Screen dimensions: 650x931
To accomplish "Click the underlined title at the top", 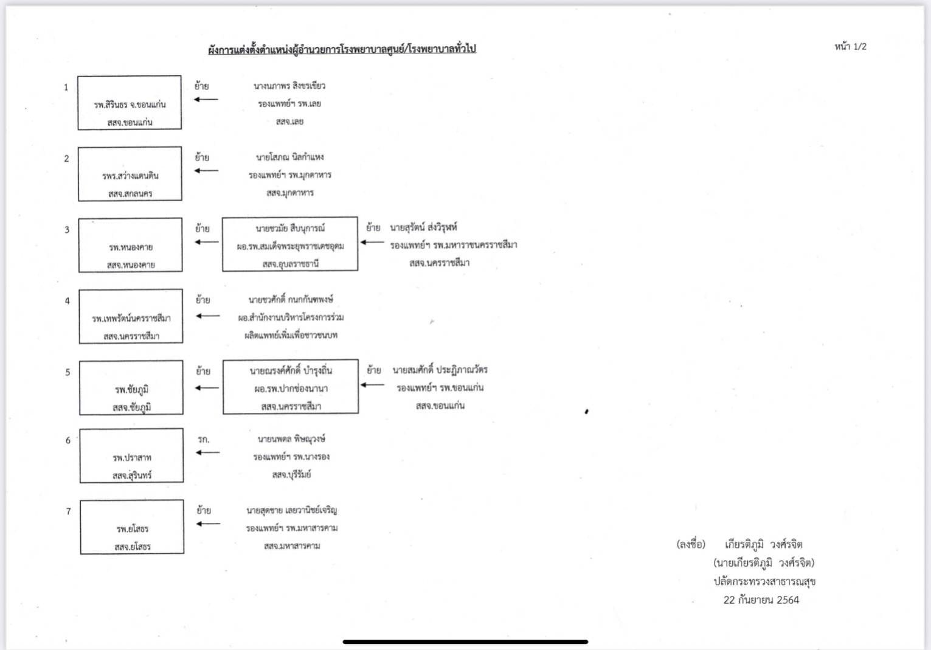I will tap(342, 49).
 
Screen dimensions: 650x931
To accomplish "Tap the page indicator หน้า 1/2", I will tap(850, 47).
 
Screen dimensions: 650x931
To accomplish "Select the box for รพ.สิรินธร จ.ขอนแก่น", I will tap(130, 103).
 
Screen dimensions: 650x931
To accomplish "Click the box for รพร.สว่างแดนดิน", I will tap(130, 174).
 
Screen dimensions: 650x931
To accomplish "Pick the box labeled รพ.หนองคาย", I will tap(130, 245).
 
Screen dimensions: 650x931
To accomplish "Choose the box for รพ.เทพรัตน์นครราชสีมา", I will tap(131, 317).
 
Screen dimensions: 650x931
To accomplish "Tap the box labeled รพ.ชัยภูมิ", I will tap(131, 388).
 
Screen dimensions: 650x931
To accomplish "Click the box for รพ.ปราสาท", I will tap(131, 456).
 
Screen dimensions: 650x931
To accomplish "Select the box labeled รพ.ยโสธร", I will tap(132, 527).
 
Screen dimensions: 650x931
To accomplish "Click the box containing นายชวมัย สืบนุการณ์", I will tap(290, 244).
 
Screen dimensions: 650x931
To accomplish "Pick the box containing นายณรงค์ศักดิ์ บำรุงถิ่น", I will tap(291, 387).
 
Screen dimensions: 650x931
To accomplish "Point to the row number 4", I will tap(67, 301).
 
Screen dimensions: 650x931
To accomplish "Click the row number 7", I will tap(69, 511).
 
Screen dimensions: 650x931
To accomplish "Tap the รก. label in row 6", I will tap(204, 439).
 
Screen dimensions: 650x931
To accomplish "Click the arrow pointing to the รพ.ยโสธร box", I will tap(208, 524).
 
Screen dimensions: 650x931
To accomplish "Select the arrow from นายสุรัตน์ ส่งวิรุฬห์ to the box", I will tap(372, 242).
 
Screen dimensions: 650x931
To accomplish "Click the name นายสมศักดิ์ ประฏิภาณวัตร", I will tap(440, 370).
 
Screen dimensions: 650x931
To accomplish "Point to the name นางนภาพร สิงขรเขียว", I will tap(289, 86).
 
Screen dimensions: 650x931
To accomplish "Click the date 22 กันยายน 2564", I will tap(761, 600).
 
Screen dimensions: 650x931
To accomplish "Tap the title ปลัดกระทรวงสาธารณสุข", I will tap(764, 581).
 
